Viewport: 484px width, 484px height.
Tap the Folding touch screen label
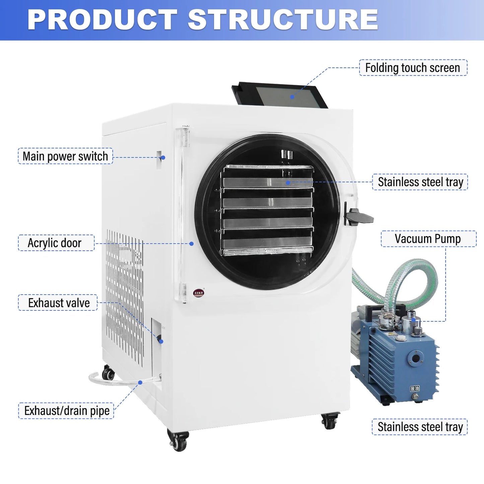413,68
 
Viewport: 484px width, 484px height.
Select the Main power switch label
65,156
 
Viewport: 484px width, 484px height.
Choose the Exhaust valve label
59,303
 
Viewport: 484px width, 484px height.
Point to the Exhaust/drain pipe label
67,411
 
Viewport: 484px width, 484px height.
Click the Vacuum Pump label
428,239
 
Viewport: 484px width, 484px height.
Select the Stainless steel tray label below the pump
420,427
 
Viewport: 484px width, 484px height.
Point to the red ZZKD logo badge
199,293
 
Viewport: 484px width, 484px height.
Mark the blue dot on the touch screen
292,97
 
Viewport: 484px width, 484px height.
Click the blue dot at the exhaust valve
161,341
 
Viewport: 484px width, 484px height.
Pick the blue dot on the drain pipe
140,383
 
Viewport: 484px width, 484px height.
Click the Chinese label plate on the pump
415,388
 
